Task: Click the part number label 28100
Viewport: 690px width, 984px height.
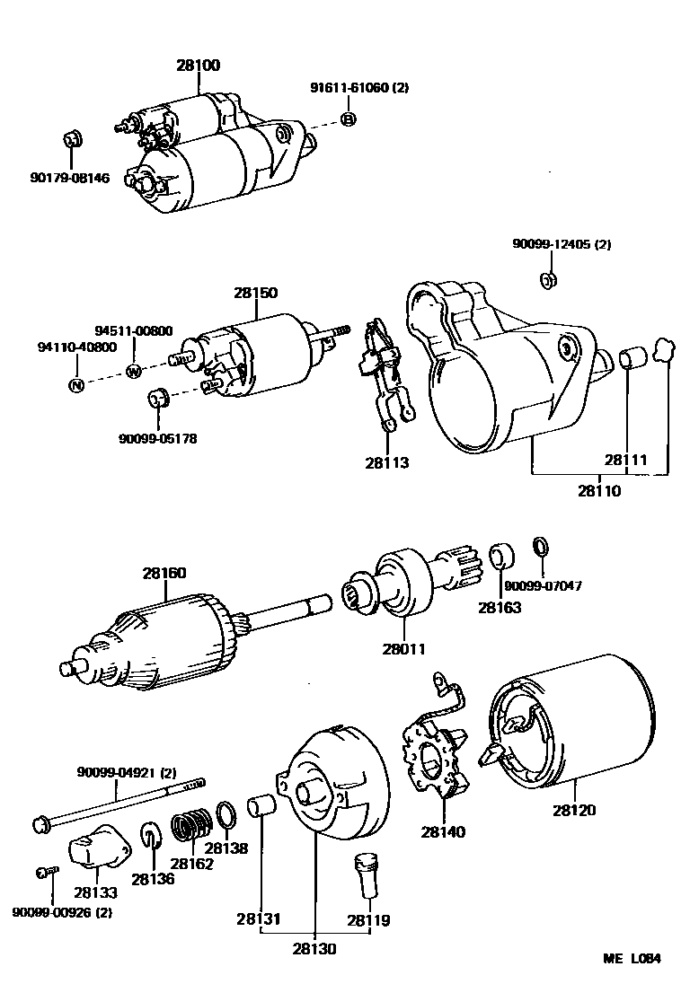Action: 198,66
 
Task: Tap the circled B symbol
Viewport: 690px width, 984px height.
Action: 349,119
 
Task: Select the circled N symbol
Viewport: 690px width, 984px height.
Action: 77,385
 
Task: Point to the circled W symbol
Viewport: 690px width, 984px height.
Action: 134,371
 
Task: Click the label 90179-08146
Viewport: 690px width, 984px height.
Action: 70,178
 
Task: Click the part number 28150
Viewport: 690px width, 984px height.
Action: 255,293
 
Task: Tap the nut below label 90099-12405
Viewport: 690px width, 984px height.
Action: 547,280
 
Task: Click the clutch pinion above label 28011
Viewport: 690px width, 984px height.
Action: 404,584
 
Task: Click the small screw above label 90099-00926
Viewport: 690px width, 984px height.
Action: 47,872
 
